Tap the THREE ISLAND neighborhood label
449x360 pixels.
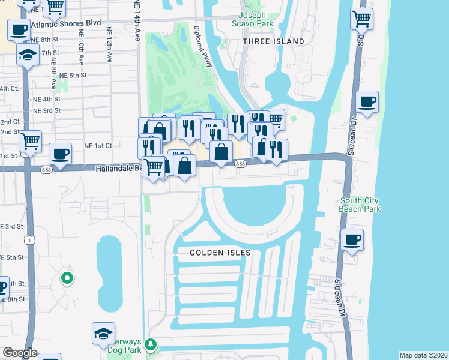point(273,41)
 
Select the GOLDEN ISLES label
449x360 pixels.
point(220,253)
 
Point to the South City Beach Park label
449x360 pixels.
point(360,205)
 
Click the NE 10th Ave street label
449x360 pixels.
point(80,45)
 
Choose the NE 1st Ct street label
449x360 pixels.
point(98,145)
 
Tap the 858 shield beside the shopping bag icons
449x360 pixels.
point(240,164)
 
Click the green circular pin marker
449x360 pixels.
point(67,277)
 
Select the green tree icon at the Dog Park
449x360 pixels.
point(151,345)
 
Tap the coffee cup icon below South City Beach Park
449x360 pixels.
point(352,240)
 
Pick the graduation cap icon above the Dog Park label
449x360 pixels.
point(103,333)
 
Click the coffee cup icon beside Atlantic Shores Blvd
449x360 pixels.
point(19,28)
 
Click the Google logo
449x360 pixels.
point(20,353)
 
